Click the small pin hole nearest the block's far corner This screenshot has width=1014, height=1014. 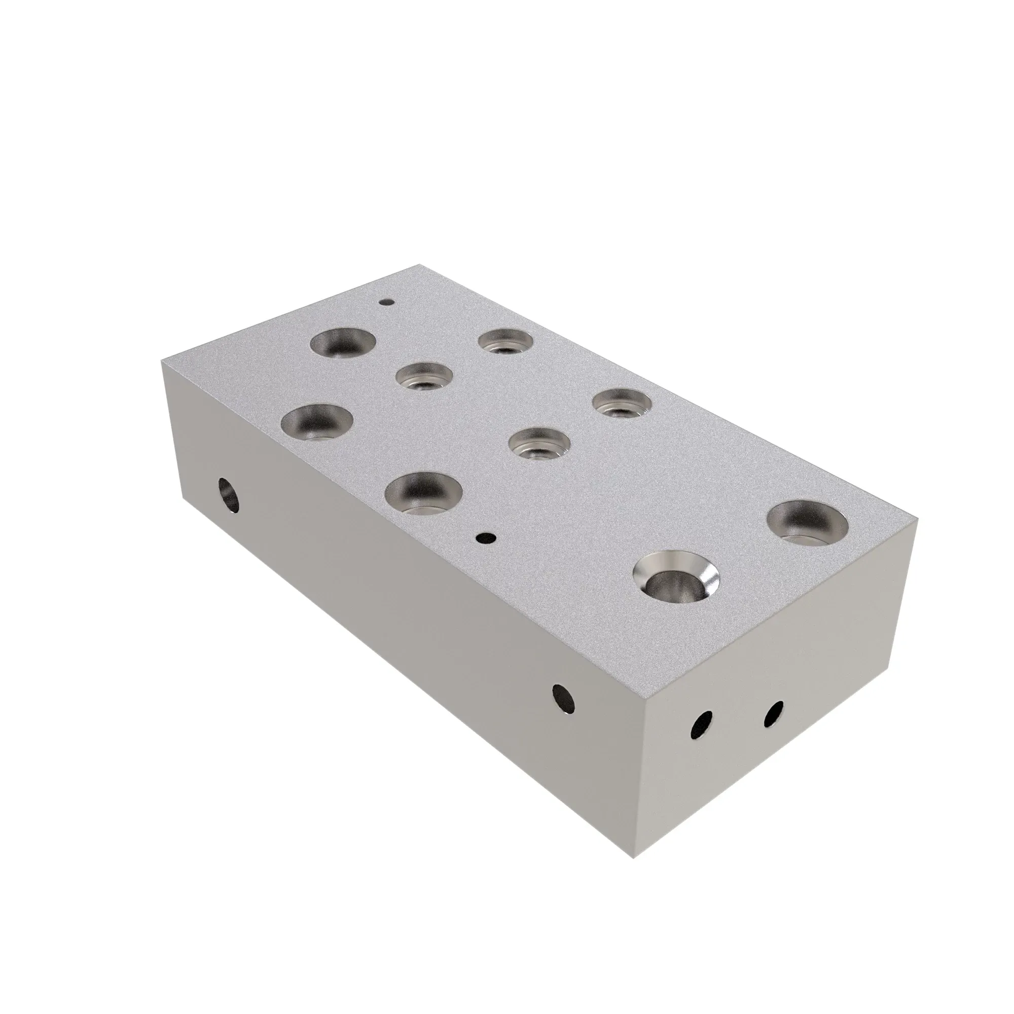click(387, 302)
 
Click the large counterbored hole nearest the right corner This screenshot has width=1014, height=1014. click(807, 523)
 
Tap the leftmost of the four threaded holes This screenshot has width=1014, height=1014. click(424, 376)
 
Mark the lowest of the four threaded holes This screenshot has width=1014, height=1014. click(540, 442)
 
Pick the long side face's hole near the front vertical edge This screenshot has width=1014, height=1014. click(564, 700)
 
